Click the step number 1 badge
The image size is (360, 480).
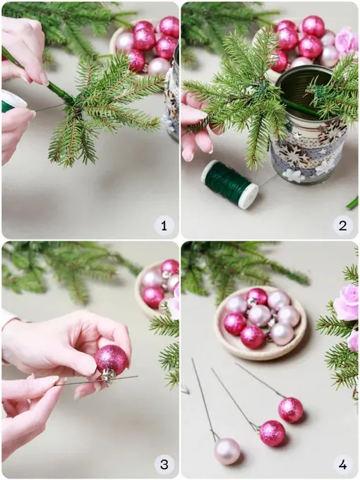(164, 226)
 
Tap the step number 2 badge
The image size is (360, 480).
(342, 226)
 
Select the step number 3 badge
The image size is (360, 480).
(164, 464)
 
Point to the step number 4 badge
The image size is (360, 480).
(342, 464)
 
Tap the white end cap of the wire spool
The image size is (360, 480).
(250, 196)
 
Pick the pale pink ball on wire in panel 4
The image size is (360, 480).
(227, 451)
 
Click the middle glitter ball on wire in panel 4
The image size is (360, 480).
(272, 433)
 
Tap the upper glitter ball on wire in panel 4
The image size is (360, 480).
(291, 410)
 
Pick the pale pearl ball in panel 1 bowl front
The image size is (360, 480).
(159, 66)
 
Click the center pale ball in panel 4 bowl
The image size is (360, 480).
(259, 316)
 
